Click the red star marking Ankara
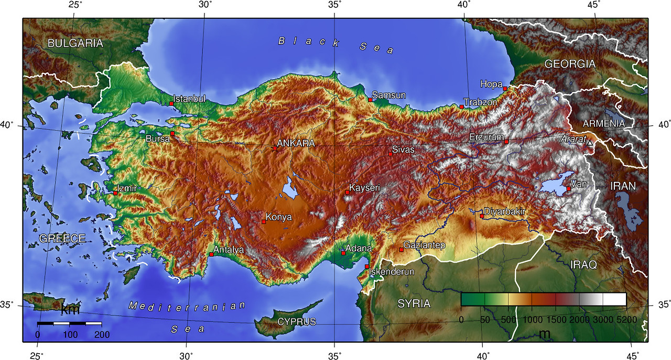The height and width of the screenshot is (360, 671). point(274,148)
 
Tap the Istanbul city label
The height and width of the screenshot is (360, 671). point(190,99)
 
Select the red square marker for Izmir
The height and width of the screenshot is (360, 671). point(115,193)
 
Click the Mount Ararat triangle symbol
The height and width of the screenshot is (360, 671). point(590,143)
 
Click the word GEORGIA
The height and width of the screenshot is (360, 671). point(570,64)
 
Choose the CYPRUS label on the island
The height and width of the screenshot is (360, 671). point(297,322)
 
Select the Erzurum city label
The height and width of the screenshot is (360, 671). point(486,137)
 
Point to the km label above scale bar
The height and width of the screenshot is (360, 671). point(70,310)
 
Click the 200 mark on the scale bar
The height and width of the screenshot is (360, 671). point(102,334)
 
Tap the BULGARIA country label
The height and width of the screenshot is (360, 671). point(75,43)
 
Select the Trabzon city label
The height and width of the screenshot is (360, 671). point(480,102)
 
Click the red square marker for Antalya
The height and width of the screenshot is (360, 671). point(211,254)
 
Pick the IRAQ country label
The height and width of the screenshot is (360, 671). point(583,265)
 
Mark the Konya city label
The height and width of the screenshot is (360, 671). point(279,217)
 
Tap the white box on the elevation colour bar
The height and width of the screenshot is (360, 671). point(614,299)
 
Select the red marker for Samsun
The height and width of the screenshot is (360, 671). point(370,100)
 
